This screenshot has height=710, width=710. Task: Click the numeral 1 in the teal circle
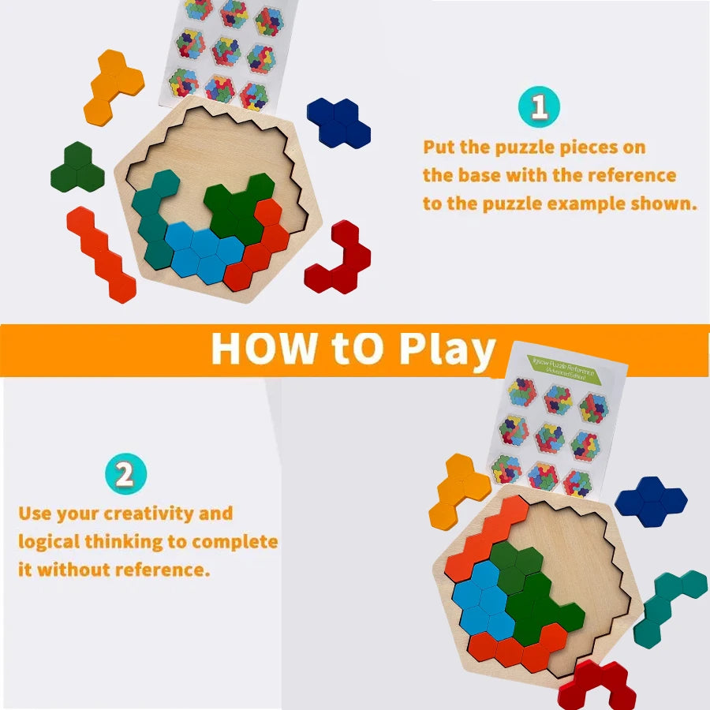540,107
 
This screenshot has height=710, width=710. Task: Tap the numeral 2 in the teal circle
125,475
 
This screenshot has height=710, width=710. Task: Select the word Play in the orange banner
447,349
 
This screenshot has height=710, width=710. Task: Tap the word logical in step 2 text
48,542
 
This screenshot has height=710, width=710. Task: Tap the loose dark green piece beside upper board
77,167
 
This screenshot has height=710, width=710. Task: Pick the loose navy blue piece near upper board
338,121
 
